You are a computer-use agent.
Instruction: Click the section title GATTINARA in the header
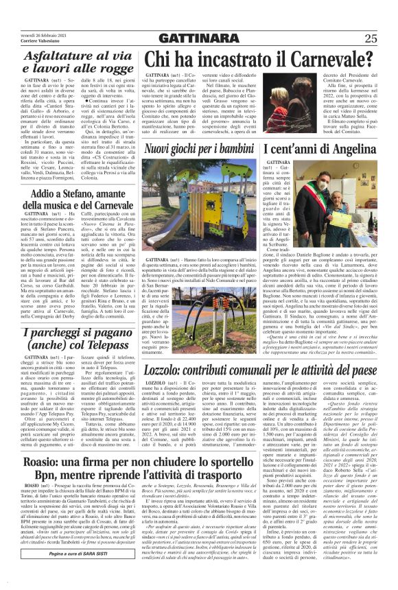[x=199, y=38]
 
